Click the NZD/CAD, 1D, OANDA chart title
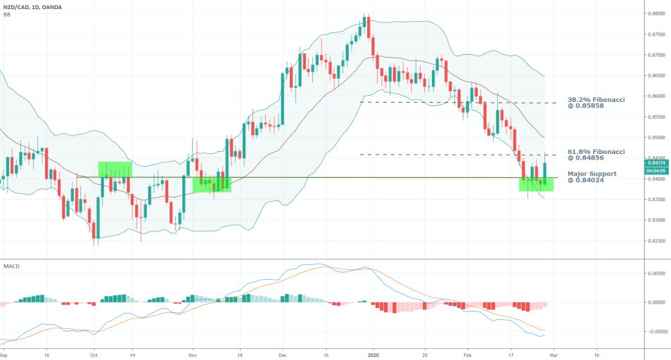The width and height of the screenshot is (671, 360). [34, 6]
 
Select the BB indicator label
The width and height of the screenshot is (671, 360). [7, 14]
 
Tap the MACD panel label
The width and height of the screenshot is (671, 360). [11, 266]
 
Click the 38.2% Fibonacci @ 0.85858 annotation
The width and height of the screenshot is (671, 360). [596, 103]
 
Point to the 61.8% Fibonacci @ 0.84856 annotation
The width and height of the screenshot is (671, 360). [596, 155]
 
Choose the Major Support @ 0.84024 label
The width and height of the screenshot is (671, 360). [592, 176]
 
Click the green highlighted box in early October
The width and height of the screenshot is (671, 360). [115, 169]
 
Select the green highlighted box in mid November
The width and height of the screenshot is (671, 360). [212, 184]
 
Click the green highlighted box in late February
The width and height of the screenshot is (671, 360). [536, 184]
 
